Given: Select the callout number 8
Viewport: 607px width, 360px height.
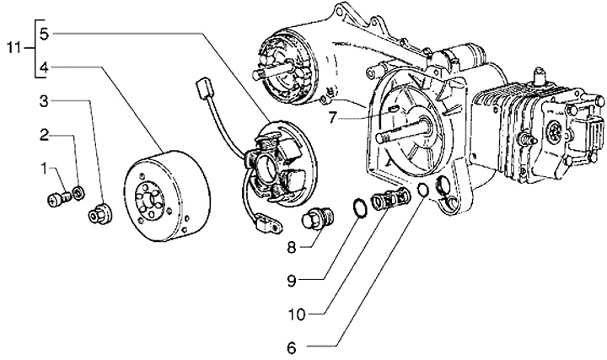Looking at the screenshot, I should click(x=292, y=249).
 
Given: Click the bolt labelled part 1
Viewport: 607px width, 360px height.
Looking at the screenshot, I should click(x=57, y=200).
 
